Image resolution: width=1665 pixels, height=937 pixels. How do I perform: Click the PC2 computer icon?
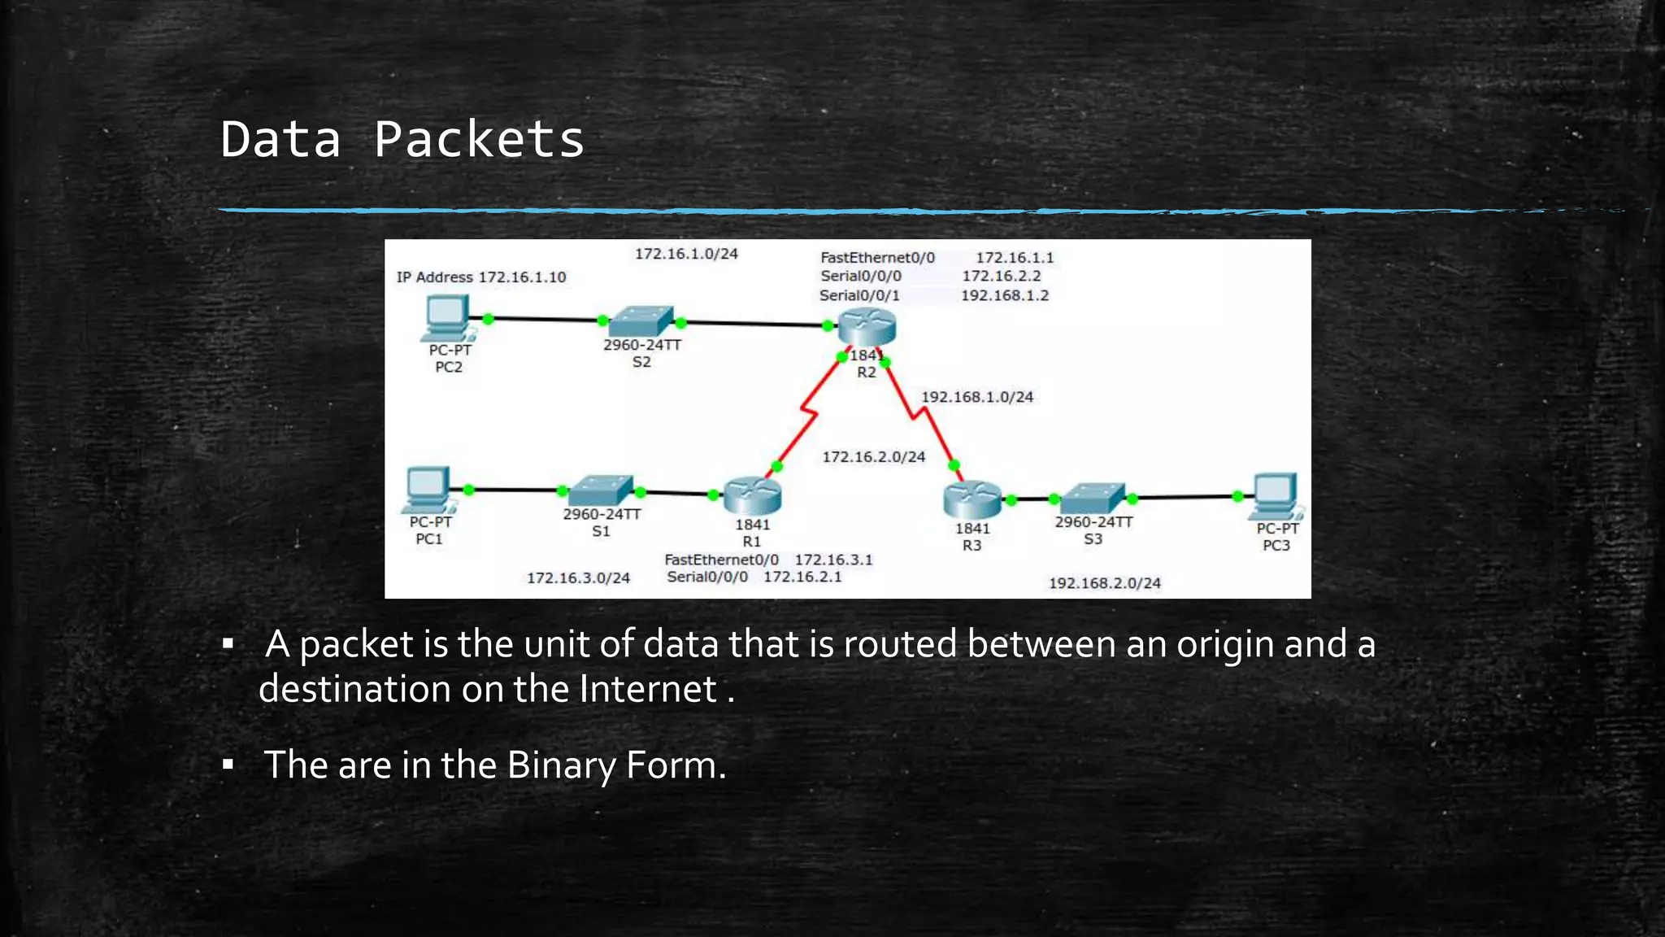click(x=446, y=317)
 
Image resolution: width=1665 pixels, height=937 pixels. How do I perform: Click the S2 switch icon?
click(x=642, y=321)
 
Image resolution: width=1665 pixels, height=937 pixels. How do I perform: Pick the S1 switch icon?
click(x=602, y=490)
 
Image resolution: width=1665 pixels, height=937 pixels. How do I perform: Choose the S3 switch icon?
click(x=1093, y=498)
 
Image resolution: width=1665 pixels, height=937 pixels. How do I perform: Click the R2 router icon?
click(x=867, y=327)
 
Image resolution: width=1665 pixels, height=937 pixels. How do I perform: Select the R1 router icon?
click(x=752, y=495)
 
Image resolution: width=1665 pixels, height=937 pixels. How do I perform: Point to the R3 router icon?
click(x=972, y=499)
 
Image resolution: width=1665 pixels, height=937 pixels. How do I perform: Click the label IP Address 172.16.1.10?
click(x=481, y=277)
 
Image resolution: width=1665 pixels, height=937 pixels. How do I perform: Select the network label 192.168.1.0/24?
click(x=977, y=397)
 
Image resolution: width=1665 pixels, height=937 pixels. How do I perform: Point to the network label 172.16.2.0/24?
click(x=874, y=457)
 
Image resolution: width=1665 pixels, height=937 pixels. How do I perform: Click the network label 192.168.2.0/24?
click(x=1105, y=583)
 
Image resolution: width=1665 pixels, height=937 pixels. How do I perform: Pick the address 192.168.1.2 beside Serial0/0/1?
click(x=1005, y=295)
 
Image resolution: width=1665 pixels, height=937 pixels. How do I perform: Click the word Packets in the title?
click(x=479, y=140)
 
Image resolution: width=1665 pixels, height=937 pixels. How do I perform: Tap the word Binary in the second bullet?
click(x=560, y=765)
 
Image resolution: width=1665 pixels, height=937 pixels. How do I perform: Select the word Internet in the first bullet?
click(x=648, y=689)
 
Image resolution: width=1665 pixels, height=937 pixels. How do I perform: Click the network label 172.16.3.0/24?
click(x=578, y=578)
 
